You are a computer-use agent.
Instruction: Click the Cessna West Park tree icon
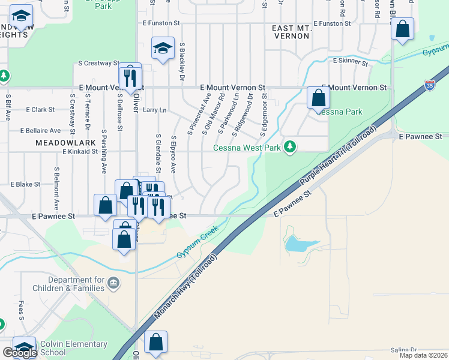point(291,147)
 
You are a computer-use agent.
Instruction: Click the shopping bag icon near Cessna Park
point(318,98)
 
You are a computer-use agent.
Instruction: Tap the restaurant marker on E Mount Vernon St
point(129,77)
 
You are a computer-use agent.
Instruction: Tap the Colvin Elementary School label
point(74,348)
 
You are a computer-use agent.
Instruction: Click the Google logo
point(19,353)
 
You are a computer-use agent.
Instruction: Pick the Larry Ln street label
point(154,110)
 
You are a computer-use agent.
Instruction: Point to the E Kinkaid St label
point(80,152)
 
